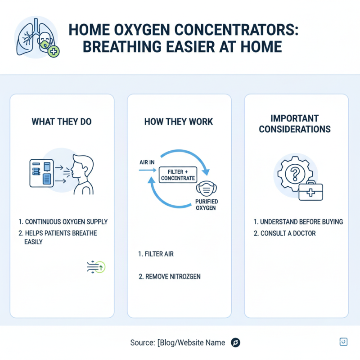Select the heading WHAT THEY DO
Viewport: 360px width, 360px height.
[62, 122]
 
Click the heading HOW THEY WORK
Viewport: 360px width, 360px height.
[179, 122]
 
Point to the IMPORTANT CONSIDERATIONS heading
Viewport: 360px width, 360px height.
[295, 124]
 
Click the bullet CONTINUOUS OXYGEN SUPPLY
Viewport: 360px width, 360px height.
[63, 222]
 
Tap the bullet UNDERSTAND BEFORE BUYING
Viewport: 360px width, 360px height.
[298, 222]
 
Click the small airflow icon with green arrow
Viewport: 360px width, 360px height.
[95, 266]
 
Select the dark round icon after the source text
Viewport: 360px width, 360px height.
[235, 343]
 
